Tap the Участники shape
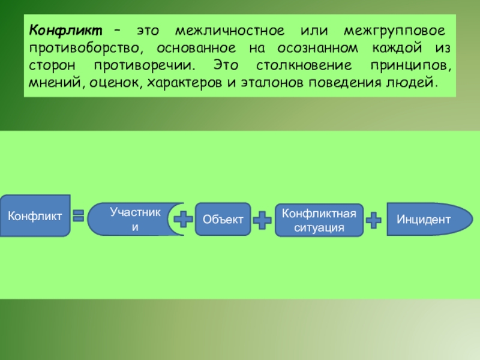tap(132, 219)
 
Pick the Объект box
tap(223, 220)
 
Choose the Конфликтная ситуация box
tap(319, 220)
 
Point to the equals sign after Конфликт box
tap(78, 217)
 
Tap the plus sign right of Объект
tap(262, 220)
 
